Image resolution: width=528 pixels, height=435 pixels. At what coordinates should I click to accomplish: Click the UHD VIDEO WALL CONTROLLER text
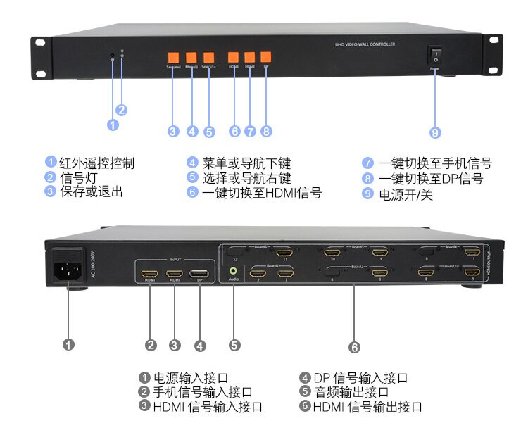365,44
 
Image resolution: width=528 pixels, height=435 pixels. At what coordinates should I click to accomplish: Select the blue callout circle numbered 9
435,132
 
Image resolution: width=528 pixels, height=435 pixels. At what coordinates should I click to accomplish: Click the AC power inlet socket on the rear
68,272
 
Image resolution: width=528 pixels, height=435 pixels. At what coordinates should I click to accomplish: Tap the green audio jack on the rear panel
233,268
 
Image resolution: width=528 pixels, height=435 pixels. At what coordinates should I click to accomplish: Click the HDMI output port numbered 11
284,252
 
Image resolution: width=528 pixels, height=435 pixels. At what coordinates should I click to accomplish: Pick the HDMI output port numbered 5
473,272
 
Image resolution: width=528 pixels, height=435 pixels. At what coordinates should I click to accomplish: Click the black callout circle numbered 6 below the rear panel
354,346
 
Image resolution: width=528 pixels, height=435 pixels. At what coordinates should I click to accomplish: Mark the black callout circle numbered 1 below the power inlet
68,345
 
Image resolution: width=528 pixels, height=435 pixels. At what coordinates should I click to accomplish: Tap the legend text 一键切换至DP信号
431,179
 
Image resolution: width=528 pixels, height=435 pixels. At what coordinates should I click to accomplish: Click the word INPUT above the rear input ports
175,259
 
